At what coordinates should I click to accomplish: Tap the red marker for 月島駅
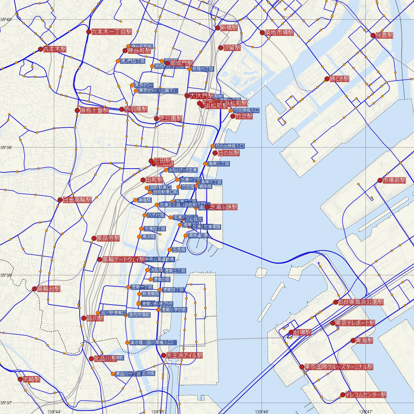pos(373,35)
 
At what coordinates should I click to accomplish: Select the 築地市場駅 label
pos(279,33)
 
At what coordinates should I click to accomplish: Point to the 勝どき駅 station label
pos(339,79)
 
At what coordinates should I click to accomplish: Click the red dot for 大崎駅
pos(20,379)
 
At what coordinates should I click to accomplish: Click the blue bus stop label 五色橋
pos(179,249)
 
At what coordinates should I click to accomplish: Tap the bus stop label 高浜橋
pos(148,237)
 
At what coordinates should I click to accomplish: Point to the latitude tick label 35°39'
pos(6,148)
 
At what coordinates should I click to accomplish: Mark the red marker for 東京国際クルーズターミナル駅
pos(302,367)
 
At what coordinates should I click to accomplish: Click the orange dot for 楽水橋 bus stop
pos(127,343)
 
